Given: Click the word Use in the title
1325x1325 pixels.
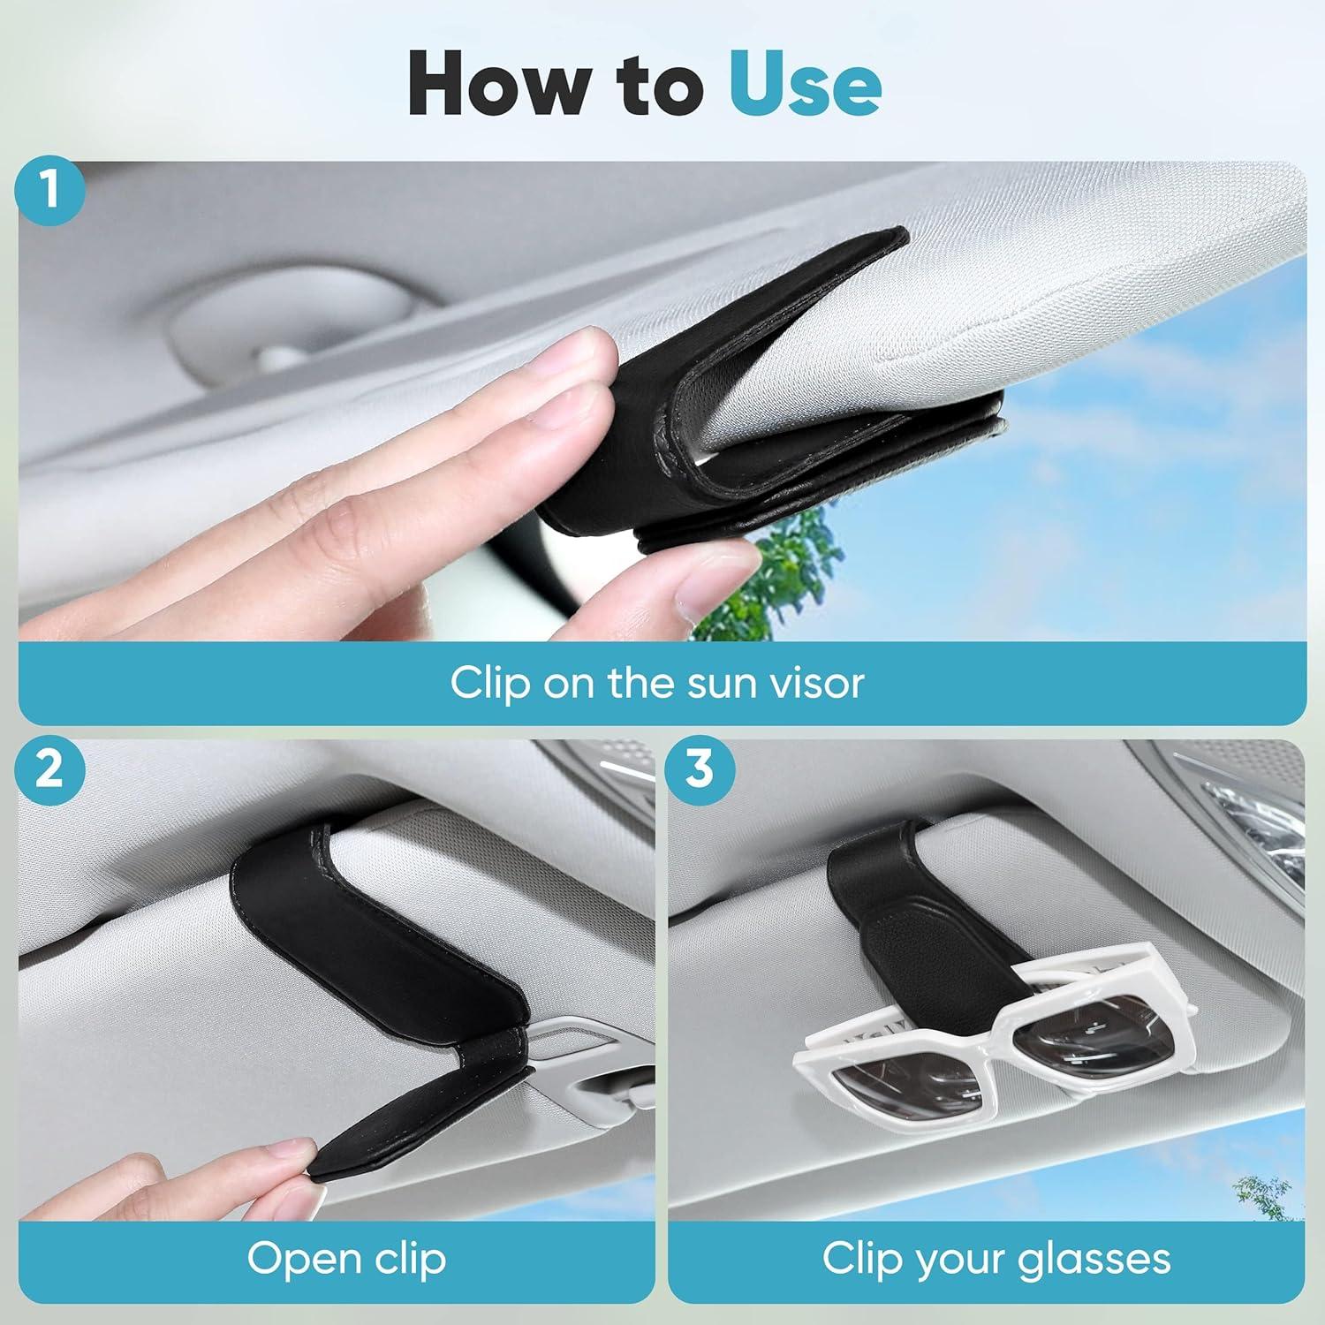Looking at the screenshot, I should click(805, 85).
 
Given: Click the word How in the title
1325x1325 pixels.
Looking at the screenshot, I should click(495, 85).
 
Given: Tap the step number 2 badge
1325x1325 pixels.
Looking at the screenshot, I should click(50, 768).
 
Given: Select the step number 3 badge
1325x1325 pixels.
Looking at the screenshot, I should click(699, 768).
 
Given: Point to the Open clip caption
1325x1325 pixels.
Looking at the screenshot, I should click(346, 1258).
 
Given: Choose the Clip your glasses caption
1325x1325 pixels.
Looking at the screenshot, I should click(996, 1258).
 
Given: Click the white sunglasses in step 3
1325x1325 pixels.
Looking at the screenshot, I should click(998, 1051).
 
